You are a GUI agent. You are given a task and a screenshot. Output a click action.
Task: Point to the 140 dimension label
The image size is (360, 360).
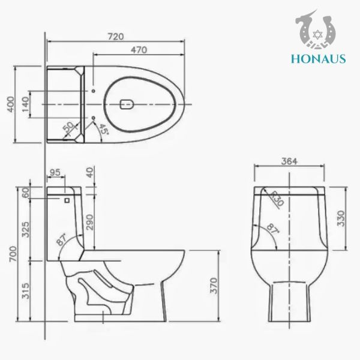[25, 104]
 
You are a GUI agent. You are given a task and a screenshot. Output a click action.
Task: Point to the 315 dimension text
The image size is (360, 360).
[25, 292]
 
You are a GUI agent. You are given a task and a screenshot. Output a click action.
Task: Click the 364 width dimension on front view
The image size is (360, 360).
[290, 161]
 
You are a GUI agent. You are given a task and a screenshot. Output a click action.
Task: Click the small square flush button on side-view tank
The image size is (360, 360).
[67, 200]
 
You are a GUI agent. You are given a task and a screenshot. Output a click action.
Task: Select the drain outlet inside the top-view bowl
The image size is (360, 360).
[127, 104]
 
